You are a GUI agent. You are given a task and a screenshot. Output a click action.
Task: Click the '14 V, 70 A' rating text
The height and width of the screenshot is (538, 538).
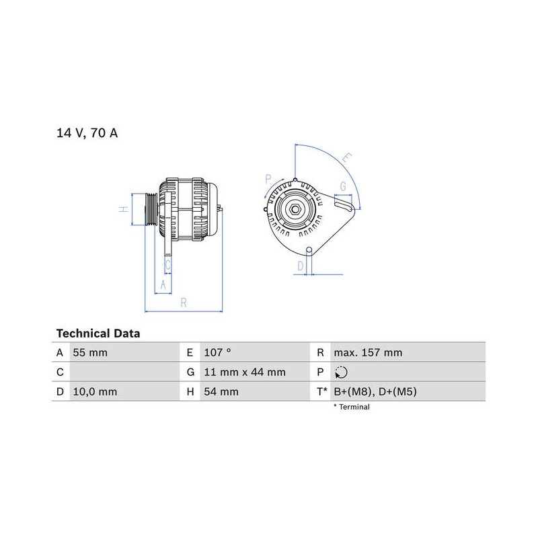(87, 132)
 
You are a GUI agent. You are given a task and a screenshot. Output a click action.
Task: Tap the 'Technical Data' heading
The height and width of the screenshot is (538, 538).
(98, 334)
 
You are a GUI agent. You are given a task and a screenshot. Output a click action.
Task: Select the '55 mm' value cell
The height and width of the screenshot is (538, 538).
(90, 352)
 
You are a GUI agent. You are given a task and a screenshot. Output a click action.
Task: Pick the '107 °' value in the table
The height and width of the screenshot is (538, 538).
(217, 352)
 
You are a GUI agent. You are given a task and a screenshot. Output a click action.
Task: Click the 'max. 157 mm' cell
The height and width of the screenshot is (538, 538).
(368, 352)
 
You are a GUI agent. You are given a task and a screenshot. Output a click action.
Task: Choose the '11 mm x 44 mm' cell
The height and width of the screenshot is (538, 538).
(245, 372)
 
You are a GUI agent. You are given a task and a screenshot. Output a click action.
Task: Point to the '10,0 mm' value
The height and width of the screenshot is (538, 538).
(95, 391)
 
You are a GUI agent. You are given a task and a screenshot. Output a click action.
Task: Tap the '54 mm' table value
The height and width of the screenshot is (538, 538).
(221, 391)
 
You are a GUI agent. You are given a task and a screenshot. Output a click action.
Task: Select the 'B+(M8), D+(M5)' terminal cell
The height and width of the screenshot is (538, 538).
(375, 391)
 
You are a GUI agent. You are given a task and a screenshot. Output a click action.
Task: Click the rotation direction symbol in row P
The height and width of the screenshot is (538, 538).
(341, 373)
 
